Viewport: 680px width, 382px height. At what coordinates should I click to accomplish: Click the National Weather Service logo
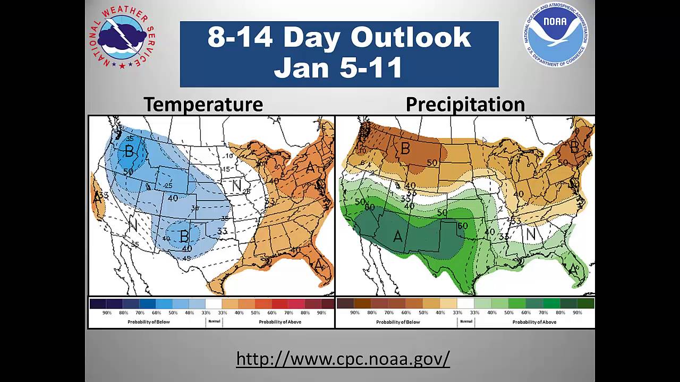(122, 37)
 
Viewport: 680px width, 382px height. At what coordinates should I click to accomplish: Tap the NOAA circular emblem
(556, 34)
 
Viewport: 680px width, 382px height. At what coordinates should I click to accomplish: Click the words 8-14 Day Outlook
(339, 37)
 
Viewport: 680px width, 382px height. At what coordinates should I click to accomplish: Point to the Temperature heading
(203, 104)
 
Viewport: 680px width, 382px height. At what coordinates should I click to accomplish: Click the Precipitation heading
(465, 104)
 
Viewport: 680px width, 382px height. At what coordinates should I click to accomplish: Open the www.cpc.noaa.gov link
(343, 359)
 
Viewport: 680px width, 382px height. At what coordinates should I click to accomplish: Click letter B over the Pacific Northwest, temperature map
(129, 151)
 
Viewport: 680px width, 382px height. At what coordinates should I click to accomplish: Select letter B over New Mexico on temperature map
(184, 235)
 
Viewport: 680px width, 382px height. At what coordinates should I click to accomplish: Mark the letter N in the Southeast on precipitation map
(530, 233)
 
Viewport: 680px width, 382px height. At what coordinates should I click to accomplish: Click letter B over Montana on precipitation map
(405, 149)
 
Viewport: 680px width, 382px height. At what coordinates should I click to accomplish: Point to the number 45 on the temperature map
(186, 258)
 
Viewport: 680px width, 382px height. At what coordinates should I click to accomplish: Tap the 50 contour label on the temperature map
(128, 172)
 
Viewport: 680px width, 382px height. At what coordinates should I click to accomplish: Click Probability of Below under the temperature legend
(148, 322)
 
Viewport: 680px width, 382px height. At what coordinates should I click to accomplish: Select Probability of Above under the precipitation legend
(534, 322)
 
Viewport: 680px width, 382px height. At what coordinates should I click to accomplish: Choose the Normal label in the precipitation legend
(466, 322)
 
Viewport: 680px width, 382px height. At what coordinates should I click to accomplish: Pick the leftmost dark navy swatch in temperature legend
(98, 303)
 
